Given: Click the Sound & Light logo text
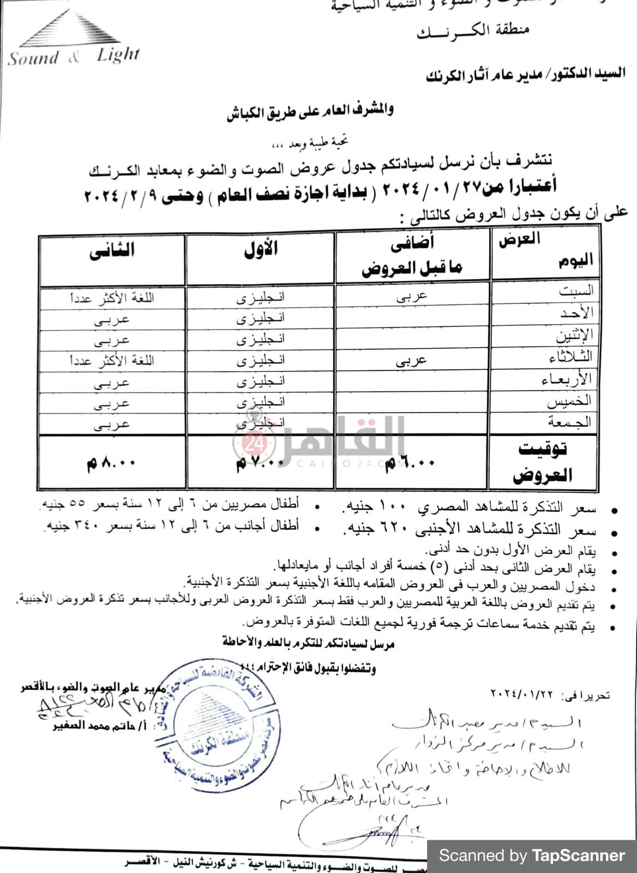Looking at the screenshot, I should click(74, 56).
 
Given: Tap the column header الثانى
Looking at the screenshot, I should click(112, 251).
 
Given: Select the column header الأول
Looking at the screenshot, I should click(260, 249).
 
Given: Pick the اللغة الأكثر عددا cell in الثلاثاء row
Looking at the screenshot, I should click(112, 361).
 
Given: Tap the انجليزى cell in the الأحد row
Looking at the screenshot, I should click(260, 318).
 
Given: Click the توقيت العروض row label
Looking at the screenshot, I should click(542, 462).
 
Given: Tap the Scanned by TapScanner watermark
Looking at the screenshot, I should click(532, 855).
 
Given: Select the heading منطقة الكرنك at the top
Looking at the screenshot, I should click(473, 30).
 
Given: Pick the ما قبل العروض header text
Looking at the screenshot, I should click(412, 268).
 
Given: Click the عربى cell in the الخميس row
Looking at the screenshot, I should click(112, 403).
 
